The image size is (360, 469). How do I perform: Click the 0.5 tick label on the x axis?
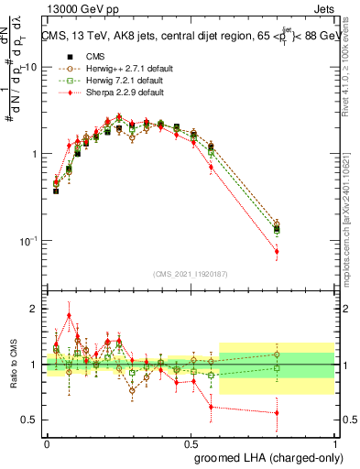[x=191, y=441]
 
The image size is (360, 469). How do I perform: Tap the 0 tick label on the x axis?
[x=47, y=441]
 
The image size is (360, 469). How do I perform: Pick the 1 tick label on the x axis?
[x=334, y=441]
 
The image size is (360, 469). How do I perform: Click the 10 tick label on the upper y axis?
[x=32, y=68]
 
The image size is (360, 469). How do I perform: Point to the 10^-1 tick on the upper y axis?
[x=30, y=241]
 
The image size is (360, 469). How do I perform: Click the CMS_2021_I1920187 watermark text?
[x=191, y=275]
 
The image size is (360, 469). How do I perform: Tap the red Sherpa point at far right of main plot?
[x=277, y=251]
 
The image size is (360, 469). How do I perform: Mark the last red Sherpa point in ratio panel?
[x=277, y=413]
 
